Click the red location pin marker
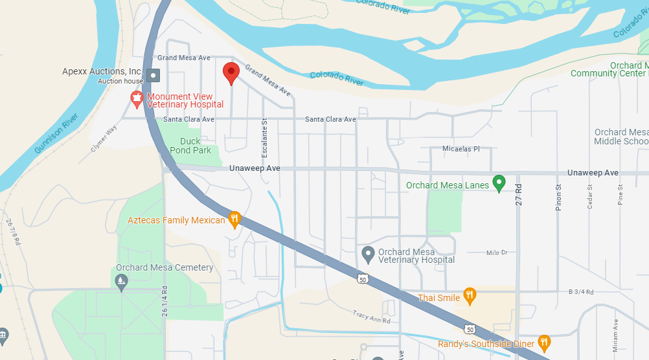(x=231, y=73)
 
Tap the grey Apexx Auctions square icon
(x=153, y=75)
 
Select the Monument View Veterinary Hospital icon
(x=137, y=100)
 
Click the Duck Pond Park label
(x=190, y=146)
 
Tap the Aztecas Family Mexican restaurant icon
(x=235, y=219)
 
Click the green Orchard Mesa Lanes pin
(x=499, y=184)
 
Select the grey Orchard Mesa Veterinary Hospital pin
(x=368, y=254)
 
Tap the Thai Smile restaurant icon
(x=470, y=297)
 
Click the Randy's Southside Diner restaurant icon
(x=544, y=343)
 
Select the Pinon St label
(x=558, y=194)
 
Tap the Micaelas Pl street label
(x=461, y=149)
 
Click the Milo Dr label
(x=495, y=253)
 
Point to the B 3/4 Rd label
(x=580, y=292)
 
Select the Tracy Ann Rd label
(x=371, y=317)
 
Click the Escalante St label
(x=264, y=137)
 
